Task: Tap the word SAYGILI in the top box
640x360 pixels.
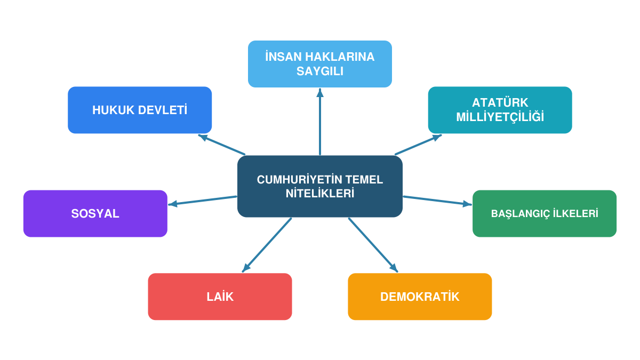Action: coord(319,71)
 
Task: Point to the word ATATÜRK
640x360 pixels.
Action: coord(500,102)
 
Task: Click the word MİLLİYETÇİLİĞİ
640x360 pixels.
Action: coord(500,117)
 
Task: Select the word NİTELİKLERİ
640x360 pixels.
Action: coord(319,194)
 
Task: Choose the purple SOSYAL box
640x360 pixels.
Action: coord(95,213)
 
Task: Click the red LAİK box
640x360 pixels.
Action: coord(220,297)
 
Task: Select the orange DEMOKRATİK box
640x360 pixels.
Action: coord(420,297)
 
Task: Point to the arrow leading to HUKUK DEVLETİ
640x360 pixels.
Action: coord(221,145)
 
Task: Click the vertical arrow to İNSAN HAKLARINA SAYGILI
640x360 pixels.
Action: coord(320,122)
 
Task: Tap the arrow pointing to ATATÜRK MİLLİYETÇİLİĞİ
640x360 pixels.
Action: coord(418,145)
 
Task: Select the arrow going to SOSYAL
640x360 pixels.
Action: coord(203,201)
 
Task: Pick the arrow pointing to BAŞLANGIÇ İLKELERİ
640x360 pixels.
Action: coord(437,201)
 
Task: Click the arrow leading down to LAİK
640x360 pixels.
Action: coord(267,245)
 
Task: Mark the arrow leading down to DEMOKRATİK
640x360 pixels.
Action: coord(373,245)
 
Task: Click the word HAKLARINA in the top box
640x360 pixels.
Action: coord(340,57)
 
